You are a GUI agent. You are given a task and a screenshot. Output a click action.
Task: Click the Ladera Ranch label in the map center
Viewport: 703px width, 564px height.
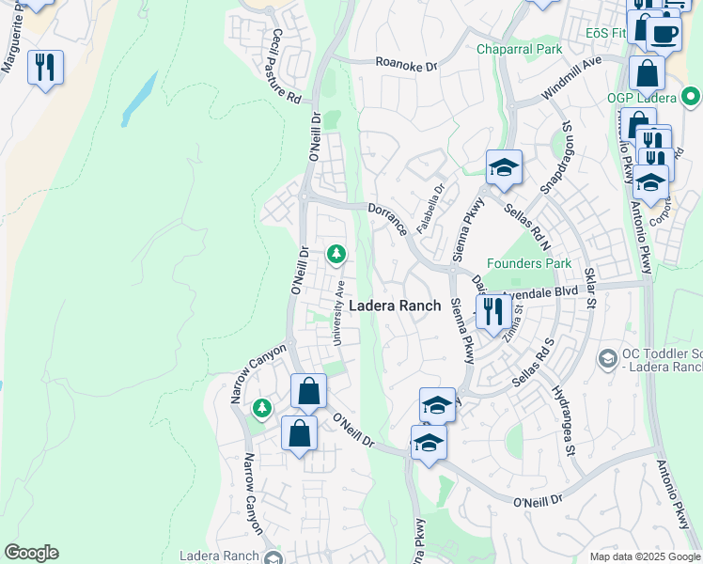(395, 305)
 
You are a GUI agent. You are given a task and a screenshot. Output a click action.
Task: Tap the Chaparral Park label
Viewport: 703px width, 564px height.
(519, 49)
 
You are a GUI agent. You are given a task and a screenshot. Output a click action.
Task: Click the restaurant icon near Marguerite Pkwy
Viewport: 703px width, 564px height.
(45, 68)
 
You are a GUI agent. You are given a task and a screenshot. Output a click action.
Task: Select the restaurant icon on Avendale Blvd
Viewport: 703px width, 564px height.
(493, 310)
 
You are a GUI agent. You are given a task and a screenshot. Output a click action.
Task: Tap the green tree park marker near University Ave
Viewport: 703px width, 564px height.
(336, 254)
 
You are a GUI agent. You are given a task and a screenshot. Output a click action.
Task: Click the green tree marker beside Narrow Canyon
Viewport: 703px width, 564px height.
(262, 408)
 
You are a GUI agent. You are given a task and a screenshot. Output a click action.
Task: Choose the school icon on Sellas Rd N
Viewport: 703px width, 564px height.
(504, 168)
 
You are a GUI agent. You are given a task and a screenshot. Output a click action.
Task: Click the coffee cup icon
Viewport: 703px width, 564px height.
(664, 32)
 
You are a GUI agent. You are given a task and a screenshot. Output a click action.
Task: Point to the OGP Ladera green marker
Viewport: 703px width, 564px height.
(691, 95)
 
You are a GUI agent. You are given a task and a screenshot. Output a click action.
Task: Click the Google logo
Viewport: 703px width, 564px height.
(31, 553)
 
